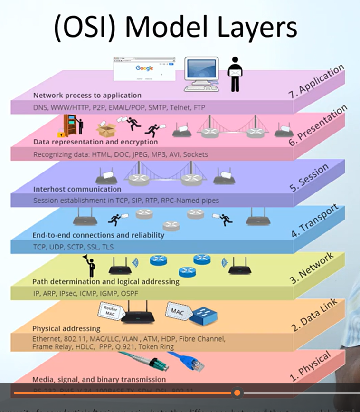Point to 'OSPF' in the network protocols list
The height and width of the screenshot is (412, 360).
point(134,292)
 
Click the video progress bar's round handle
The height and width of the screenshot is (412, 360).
point(237,393)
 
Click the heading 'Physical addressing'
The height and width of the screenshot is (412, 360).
point(66,328)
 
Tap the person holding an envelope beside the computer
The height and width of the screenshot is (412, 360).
point(234,74)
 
